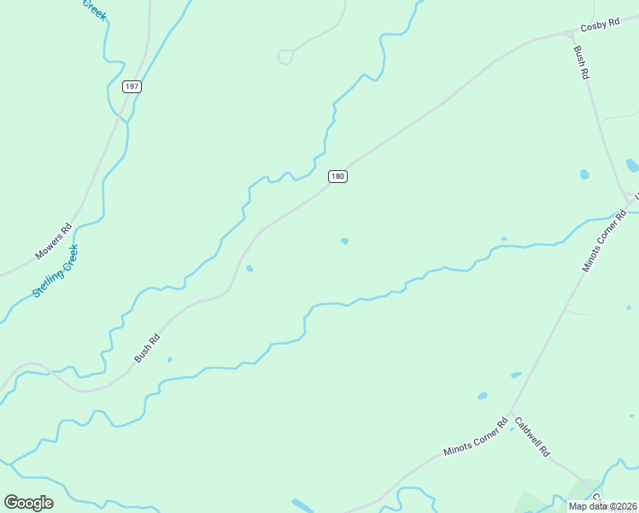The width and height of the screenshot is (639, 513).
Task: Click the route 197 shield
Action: pyautogui.click(x=131, y=86)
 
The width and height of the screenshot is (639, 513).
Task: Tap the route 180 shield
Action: pyautogui.click(x=337, y=176)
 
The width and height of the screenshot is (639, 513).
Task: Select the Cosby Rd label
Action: pyautogui.click(x=600, y=26)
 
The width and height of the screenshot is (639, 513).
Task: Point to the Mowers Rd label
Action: pyautogui.click(x=55, y=243)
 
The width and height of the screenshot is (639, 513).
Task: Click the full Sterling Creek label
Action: pyautogui.click(x=56, y=271)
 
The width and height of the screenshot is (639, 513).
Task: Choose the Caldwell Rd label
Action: pyautogui.click(x=531, y=436)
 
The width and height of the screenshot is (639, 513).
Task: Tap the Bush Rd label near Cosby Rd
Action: pyautogui.click(x=582, y=63)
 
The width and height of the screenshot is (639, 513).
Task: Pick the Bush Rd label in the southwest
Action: pyautogui.click(x=147, y=348)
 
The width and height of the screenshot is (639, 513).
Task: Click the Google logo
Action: pyautogui.click(x=28, y=503)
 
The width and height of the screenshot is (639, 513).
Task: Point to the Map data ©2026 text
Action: pyautogui.click(x=602, y=506)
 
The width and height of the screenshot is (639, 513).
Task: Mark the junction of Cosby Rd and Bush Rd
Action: pyautogui.click(x=570, y=33)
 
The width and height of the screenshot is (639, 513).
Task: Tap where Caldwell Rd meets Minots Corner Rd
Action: pyautogui.click(x=510, y=416)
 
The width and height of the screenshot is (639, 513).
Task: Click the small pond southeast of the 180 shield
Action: pyautogui.click(x=344, y=241)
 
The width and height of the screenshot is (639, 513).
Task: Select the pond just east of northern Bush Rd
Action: pyautogui.click(x=584, y=174)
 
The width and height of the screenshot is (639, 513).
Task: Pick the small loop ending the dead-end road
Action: pyautogui.click(x=285, y=56)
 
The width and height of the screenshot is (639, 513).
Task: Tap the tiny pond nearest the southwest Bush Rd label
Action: pyautogui.click(x=169, y=359)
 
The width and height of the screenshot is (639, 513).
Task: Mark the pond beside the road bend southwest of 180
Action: pyautogui.click(x=249, y=268)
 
